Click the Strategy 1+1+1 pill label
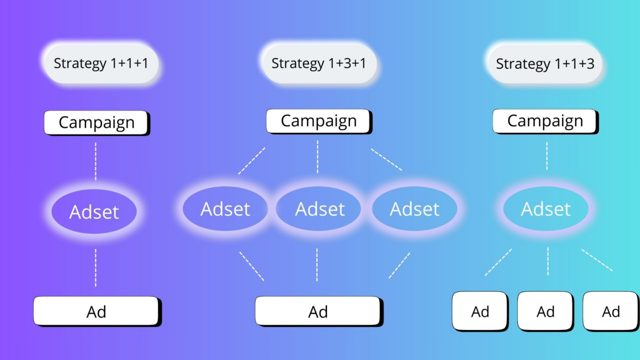click(x=101, y=63)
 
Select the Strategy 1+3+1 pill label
click(x=319, y=63)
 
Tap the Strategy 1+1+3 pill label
click(x=545, y=63)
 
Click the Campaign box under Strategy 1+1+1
click(x=97, y=123)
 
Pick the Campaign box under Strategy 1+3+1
click(x=319, y=122)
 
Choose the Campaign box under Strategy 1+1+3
click(x=546, y=122)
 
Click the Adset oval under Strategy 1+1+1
click(x=94, y=211)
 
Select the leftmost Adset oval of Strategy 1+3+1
click(x=225, y=209)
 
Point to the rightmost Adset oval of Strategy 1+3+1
click(x=414, y=209)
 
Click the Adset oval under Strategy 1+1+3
click(x=546, y=209)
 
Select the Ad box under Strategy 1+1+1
click(x=98, y=311)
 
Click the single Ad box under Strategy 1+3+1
click(x=319, y=311)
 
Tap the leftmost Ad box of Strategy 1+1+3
click(x=481, y=311)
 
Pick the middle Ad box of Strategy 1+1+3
click(x=546, y=311)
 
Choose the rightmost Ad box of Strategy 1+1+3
click(x=611, y=311)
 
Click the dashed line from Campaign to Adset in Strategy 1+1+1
click(x=95, y=162)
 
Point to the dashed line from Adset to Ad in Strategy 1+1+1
click(x=95, y=268)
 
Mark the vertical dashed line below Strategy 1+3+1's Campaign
click(x=317, y=157)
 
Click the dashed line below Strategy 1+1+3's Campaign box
click(x=547, y=156)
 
